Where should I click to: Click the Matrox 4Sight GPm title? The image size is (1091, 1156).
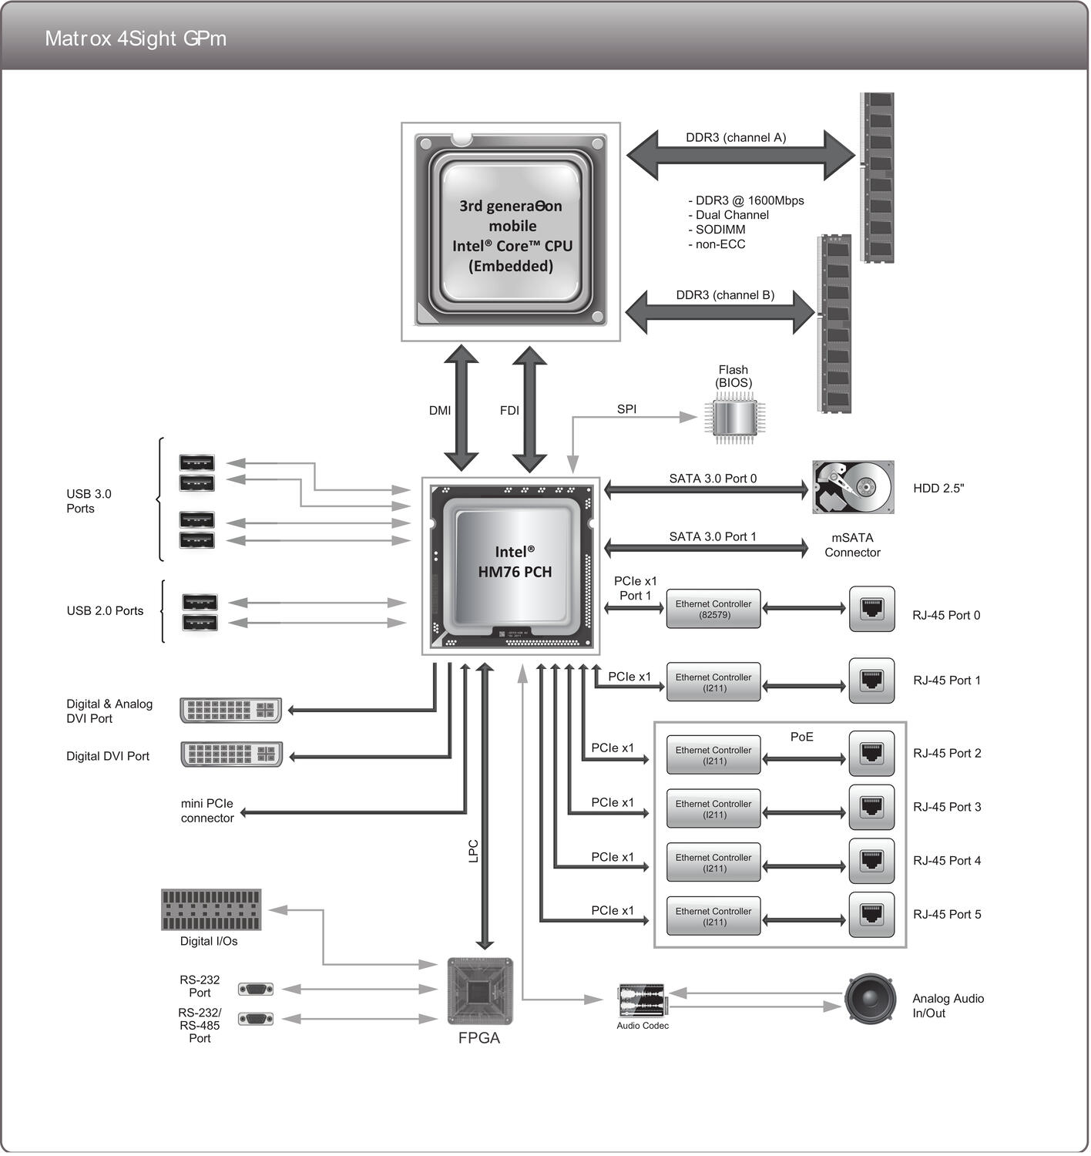[x=136, y=39]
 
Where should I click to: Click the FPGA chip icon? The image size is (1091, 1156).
[x=479, y=991]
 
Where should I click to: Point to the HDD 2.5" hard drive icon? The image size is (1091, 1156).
[x=853, y=488]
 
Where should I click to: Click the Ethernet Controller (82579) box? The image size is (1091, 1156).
[x=713, y=610]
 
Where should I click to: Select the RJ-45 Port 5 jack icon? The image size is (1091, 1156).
[x=871, y=915]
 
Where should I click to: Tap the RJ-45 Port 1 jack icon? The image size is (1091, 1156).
[x=871, y=680]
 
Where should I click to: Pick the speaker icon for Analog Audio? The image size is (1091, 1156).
[x=870, y=1000]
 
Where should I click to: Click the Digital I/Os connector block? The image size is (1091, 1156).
[x=210, y=910]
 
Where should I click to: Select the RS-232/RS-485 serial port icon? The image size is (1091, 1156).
[x=256, y=1020]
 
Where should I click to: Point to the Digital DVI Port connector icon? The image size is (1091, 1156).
[x=231, y=754]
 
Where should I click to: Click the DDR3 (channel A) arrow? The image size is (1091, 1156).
[x=740, y=156]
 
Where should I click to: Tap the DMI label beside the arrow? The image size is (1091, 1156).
[x=440, y=411]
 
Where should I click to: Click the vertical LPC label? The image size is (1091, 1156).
[x=474, y=851]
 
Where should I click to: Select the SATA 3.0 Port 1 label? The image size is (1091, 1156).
[x=712, y=536]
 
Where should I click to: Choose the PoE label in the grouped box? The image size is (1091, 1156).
[x=801, y=738]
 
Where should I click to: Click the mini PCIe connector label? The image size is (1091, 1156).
[x=206, y=811]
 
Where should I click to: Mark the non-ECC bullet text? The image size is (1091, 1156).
[x=717, y=244]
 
